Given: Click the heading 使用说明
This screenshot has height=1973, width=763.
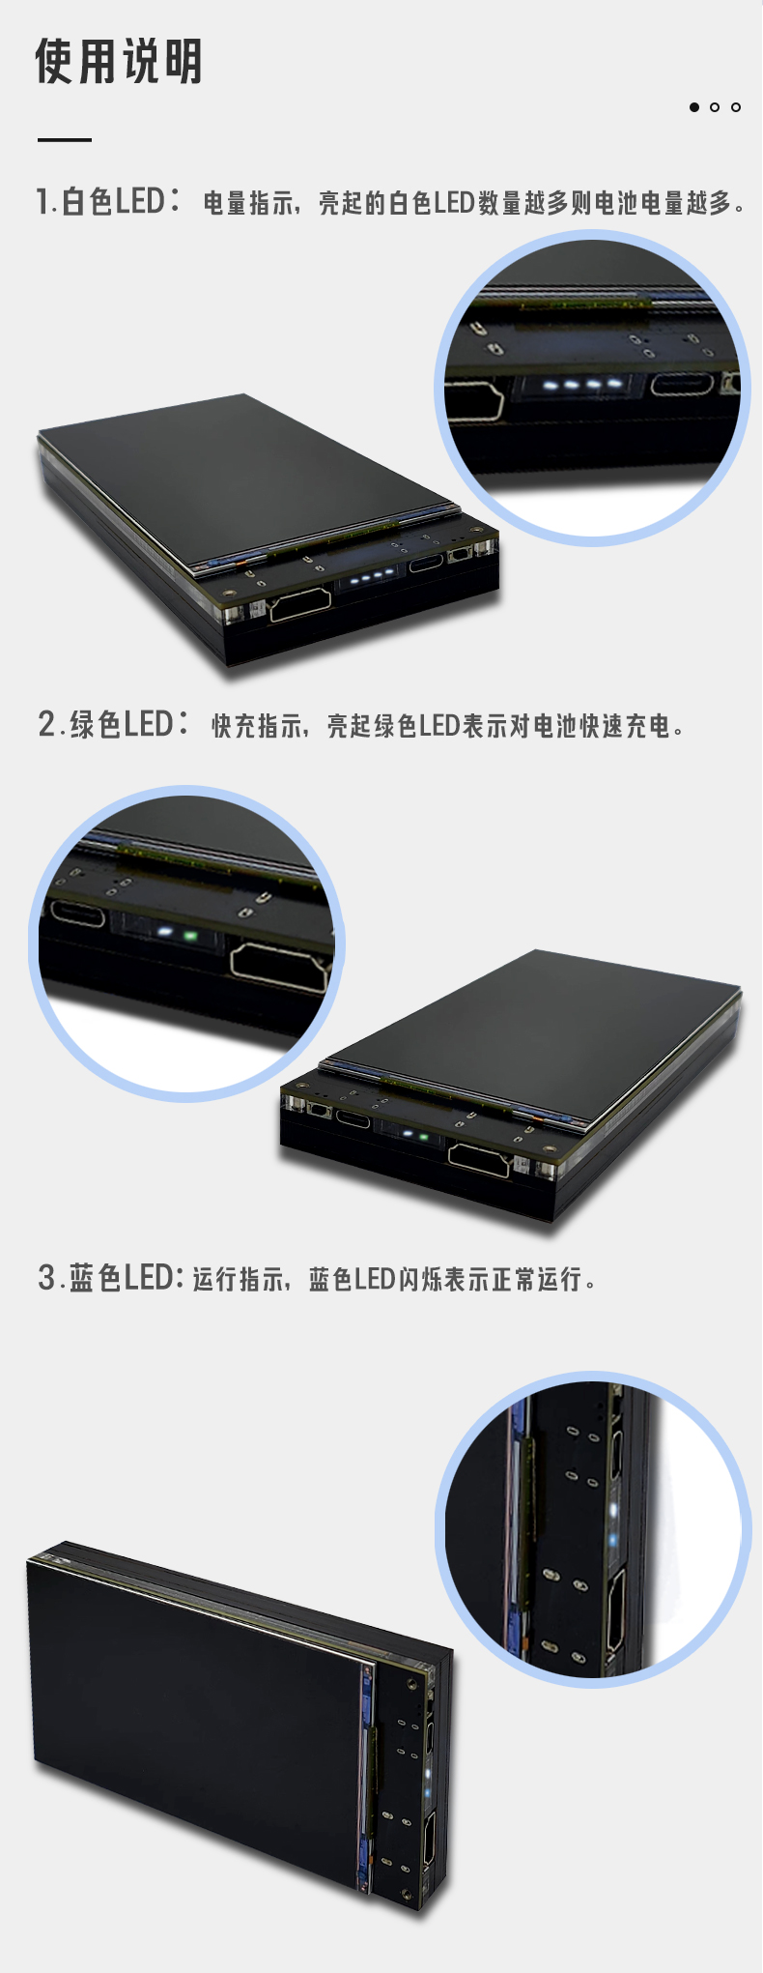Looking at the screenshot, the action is pyautogui.click(x=119, y=61).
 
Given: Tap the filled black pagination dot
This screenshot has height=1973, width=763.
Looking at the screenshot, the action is pyautogui.click(x=693, y=107).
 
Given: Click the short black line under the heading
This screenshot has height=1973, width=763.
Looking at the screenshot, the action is pyautogui.click(x=65, y=140).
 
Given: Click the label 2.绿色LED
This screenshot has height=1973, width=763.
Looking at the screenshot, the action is pyautogui.click(x=113, y=723).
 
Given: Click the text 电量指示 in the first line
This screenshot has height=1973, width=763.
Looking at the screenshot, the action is pyautogui.click(x=248, y=203).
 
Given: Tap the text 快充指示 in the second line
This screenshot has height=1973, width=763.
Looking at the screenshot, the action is pyautogui.click(x=257, y=725).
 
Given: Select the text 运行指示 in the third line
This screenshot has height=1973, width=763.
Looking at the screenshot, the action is pyautogui.click(x=238, y=1279).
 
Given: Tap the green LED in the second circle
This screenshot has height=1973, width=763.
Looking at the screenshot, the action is pyautogui.click(x=190, y=936).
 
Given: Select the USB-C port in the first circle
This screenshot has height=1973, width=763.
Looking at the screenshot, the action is pyautogui.click(x=682, y=385).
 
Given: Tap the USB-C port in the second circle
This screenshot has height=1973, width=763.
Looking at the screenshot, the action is pyautogui.click(x=77, y=914).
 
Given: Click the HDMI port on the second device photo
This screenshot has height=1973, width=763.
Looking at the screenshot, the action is pyautogui.click(x=479, y=1159).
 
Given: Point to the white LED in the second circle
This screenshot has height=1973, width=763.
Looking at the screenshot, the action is pyautogui.click(x=164, y=934).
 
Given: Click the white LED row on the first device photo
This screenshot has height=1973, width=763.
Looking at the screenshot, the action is pyautogui.click(x=373, y=578).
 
